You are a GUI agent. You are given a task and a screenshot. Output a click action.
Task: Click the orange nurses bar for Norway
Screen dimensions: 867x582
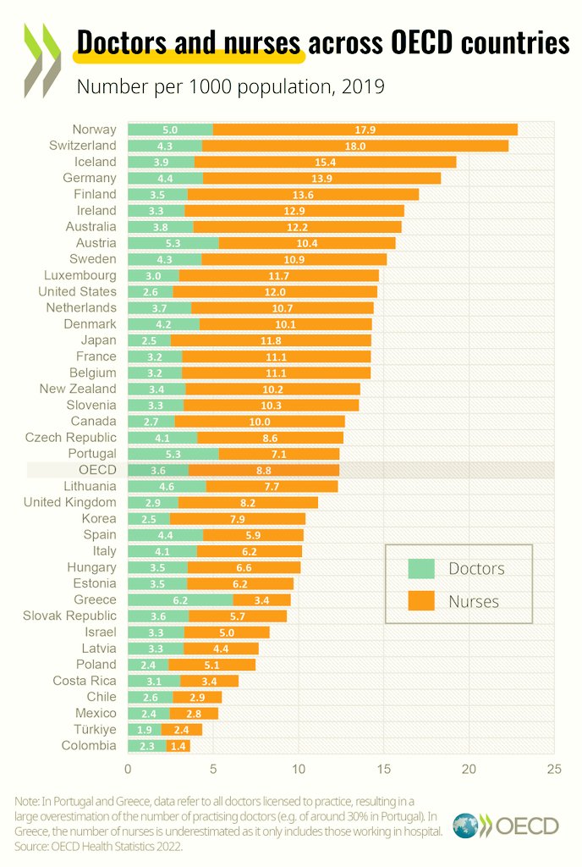(x=365, y=130)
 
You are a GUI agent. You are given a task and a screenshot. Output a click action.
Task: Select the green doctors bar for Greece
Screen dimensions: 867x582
(x=179, y=599)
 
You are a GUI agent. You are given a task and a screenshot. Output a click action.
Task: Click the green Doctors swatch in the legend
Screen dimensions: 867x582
(x=420, y=569)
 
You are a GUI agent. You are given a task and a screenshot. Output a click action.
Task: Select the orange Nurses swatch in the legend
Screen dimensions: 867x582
(x=420, y=602)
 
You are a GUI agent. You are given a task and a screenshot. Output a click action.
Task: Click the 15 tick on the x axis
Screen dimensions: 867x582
(x=383, y=769)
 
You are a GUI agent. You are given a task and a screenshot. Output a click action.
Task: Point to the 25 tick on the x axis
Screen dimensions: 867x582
(x=553, y=769)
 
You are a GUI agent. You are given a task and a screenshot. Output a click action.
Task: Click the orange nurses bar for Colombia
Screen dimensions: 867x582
(x=178, y=746)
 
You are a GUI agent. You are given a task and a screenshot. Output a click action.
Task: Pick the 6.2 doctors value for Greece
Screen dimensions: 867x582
(x=179, y=599)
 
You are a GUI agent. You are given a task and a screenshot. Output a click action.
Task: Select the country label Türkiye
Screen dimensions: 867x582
(x=89, y=729)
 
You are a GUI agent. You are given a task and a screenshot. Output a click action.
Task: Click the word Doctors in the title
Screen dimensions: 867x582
(x=116, y=42)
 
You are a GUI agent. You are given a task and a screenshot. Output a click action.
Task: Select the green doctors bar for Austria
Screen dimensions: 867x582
(x=173, y=243)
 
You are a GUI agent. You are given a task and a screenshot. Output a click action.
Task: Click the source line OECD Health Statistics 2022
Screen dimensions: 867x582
(x=94, y=846)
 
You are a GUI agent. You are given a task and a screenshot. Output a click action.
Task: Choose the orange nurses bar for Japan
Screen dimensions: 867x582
(x=271, y=340)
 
